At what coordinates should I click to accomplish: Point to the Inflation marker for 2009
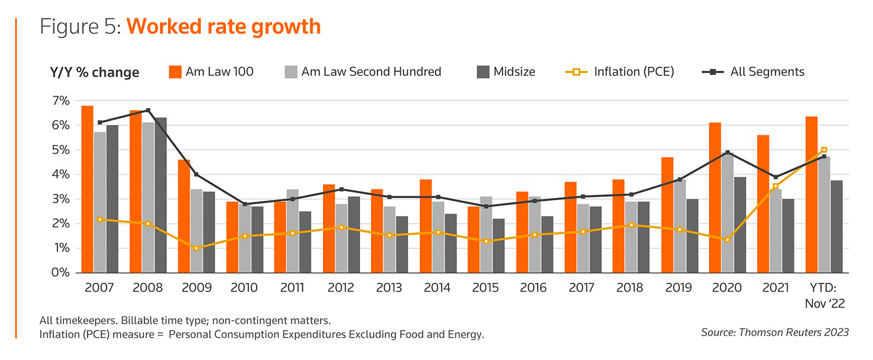196,248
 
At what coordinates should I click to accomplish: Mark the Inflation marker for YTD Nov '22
824,150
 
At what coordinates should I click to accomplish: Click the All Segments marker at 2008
148,110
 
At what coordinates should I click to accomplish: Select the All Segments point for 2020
727,153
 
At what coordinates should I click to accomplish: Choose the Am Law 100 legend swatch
175,72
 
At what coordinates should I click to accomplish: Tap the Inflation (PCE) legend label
634,72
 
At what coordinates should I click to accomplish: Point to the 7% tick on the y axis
61,101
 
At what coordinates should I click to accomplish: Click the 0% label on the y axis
61,272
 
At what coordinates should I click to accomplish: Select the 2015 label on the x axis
485,287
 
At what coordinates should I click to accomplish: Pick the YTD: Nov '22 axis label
824,295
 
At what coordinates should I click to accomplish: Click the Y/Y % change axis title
94,73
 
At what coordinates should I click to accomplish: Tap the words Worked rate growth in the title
224,27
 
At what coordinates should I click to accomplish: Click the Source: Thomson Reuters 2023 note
775,332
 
